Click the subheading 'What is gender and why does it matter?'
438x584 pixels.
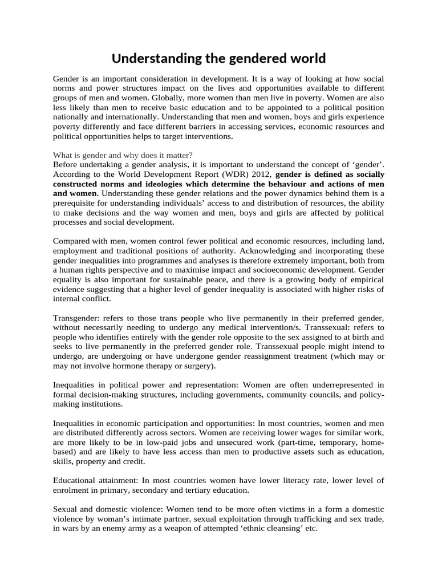123,155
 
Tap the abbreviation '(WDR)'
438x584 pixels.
224,174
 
